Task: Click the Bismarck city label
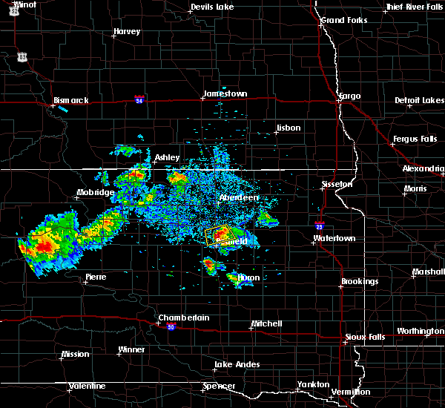pos(71,100)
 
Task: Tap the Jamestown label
pos(225,94)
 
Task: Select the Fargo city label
pos(349,96)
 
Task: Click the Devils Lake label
pos(212,7)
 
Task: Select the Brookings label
pos(360,282)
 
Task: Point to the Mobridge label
pos(96,193)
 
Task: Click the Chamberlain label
pos(184,318)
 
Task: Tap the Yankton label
pos(314,384)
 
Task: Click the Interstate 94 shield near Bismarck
pos(139,98)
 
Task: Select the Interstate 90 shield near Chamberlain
pos(171,327)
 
